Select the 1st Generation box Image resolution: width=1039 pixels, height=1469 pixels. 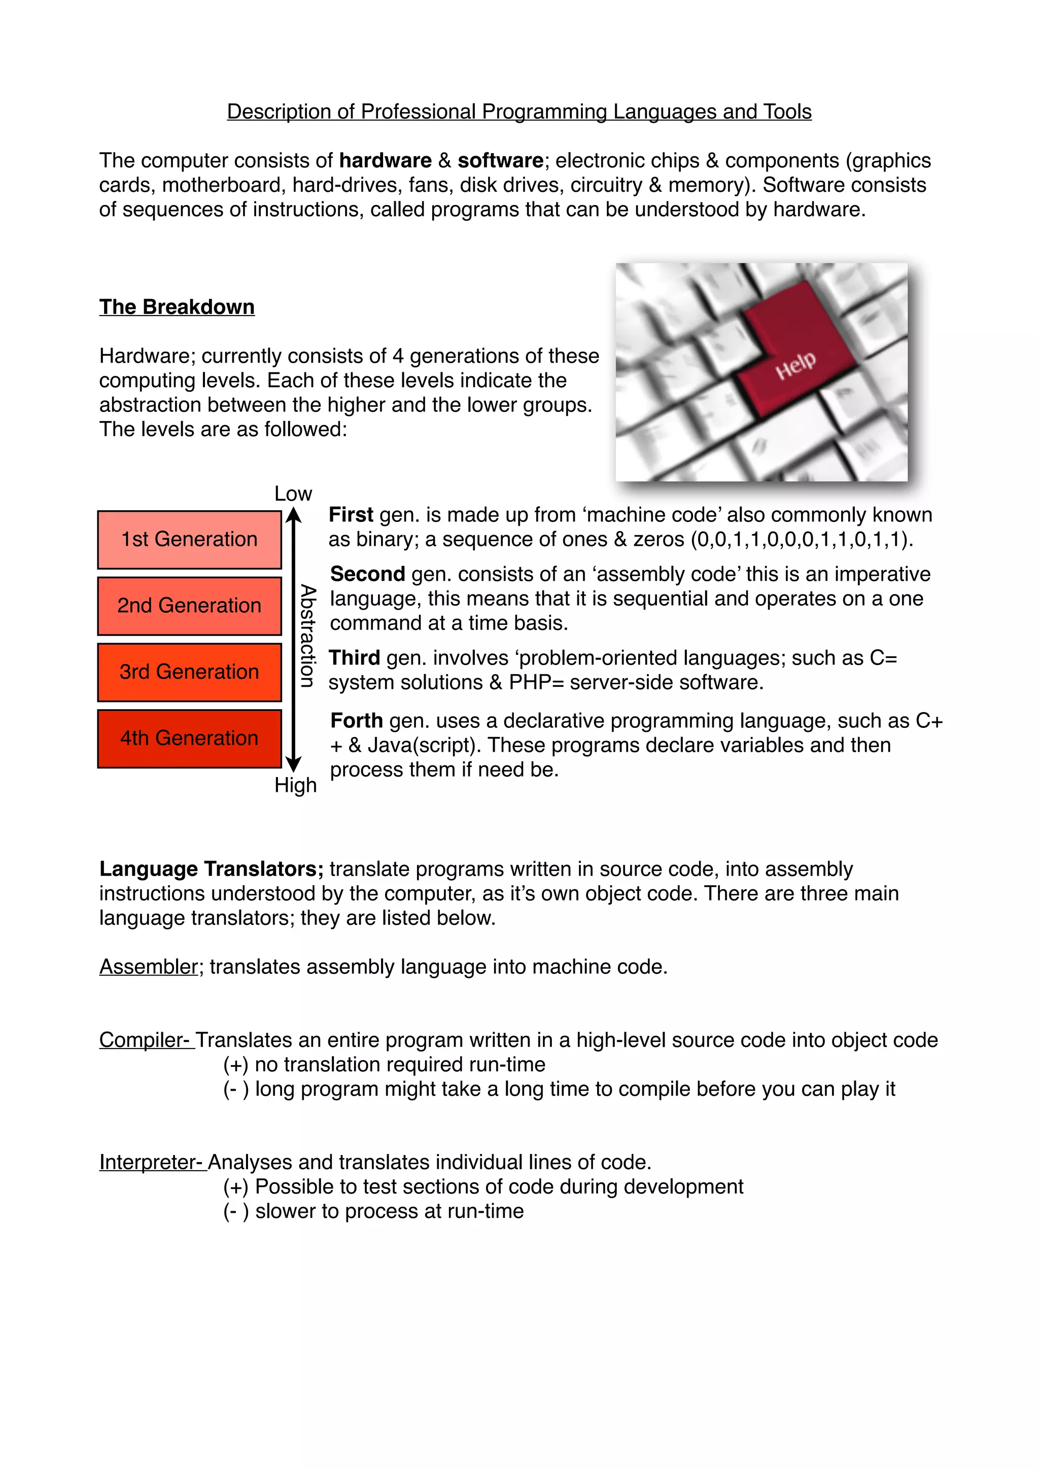(189, 539)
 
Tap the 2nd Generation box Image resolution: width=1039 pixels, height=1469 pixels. (189, 605)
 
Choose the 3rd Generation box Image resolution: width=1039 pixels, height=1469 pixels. (189, 672)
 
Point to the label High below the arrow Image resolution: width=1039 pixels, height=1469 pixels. (295, 785)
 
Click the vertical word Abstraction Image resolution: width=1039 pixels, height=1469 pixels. (308, 636)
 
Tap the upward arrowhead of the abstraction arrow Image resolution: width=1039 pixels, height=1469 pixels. (293, 514)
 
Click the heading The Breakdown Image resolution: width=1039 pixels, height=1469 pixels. (177, 307)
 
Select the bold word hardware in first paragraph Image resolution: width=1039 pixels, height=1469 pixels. (385, 161)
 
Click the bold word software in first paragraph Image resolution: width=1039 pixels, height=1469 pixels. (500, 161)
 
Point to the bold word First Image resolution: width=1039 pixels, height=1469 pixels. (351, 515)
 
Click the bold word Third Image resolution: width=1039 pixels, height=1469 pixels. (354, 658)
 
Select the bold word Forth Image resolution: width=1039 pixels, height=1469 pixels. (356, 721)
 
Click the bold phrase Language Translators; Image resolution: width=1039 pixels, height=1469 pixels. (211, 869)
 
